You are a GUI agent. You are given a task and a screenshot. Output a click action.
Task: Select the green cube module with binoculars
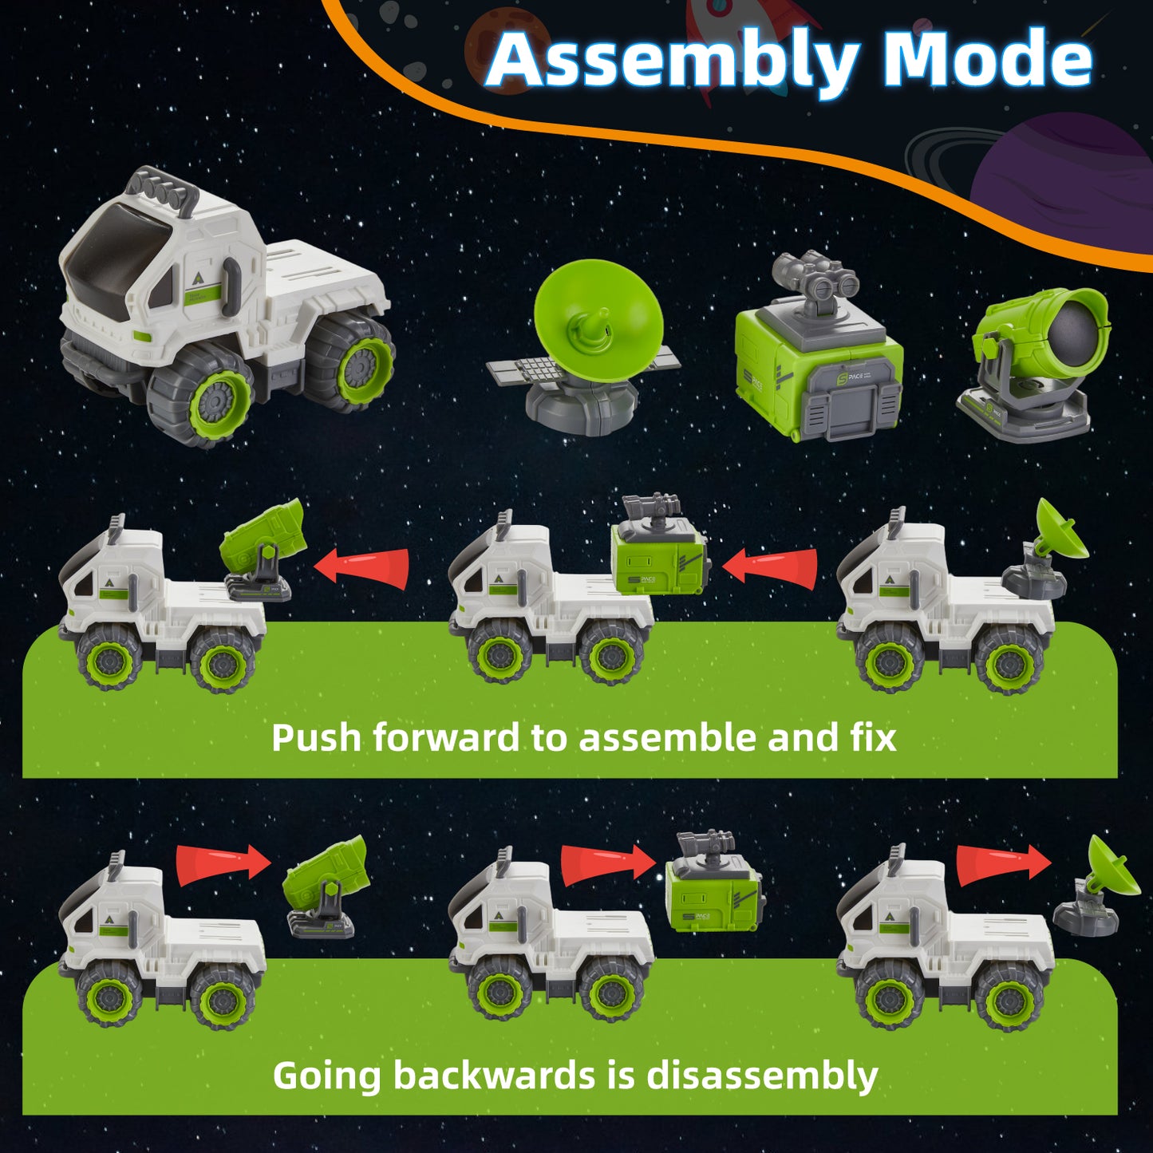pos(818,348)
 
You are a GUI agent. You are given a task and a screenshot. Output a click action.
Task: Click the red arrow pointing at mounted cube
pos(770,566)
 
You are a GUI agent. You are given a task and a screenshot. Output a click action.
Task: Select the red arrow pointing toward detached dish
pos(1005,864)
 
